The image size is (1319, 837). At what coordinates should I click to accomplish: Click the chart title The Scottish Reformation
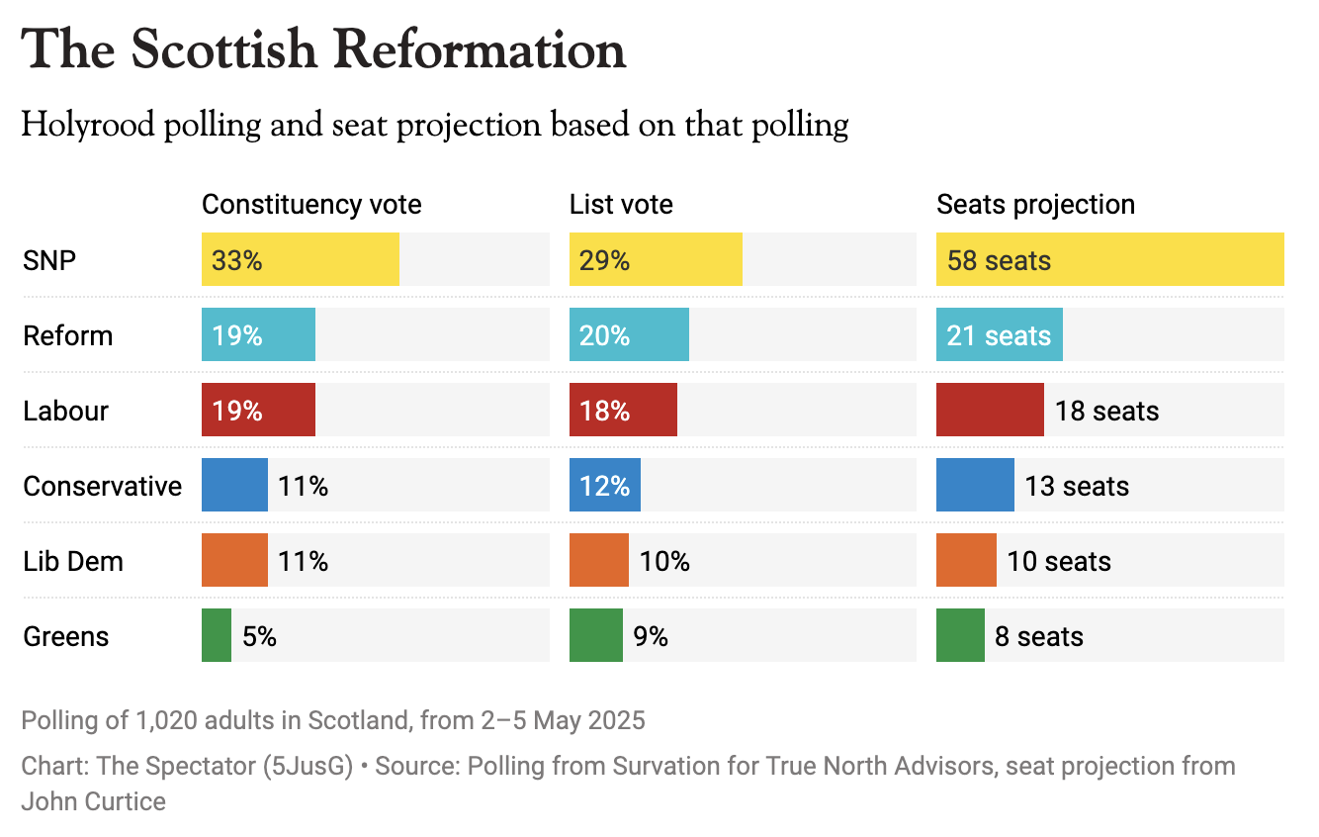pos(323,49)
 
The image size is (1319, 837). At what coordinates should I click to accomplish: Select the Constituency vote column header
pos(311,205)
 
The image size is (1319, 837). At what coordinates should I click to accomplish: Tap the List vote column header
pos(621,205)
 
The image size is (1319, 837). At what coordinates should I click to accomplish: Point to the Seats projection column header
pos(1035,205)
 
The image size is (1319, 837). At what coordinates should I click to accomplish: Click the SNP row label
pos(49,260)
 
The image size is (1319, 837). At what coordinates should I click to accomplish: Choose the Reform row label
pos(68,335)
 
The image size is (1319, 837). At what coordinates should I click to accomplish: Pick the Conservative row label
pos(103,486)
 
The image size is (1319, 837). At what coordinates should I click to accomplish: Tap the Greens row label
pos(66,636)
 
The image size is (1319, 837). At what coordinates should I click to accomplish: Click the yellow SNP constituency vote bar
pos(300,260)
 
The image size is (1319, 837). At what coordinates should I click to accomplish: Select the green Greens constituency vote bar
pos(217,636)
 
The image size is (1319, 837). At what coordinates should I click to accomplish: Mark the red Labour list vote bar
pos(623,411)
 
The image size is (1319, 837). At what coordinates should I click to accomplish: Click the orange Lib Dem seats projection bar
pos(966,561)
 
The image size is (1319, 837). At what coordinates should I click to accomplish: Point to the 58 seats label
pos(999,261)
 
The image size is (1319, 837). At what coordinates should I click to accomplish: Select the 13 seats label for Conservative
pos(1077,487)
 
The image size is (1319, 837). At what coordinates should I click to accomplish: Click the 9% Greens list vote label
pos(651,637)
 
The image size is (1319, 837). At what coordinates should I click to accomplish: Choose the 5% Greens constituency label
pos(259,637)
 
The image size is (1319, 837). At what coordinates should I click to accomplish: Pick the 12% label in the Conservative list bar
pos(605,487)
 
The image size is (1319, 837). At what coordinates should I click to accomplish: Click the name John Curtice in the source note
pos(94,801)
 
